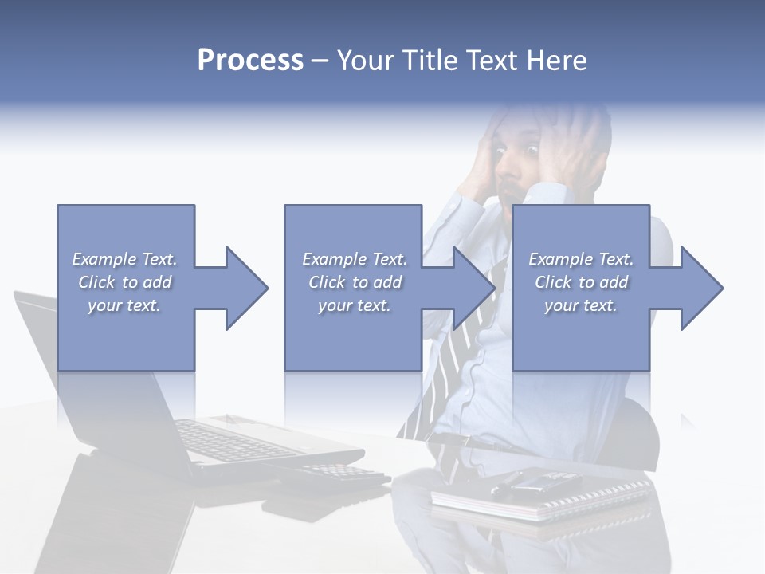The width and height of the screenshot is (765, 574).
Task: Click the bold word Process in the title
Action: click(250, 61)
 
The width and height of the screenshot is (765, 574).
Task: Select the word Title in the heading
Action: click(430, 61)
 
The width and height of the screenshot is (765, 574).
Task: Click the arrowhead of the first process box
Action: click(245, 288)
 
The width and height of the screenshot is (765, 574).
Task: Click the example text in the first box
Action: click(124, 282)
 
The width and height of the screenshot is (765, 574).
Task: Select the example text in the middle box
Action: click(354, 282)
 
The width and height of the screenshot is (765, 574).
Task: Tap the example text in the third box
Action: click(581, 282)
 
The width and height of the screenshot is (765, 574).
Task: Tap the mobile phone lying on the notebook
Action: click(542, 481)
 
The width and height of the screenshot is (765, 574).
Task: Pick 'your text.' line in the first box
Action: click(124, 305)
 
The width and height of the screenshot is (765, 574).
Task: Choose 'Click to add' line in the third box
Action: click(581, 282)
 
